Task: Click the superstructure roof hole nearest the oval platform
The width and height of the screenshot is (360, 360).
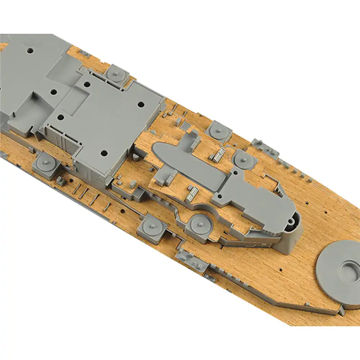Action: point(103,153)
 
